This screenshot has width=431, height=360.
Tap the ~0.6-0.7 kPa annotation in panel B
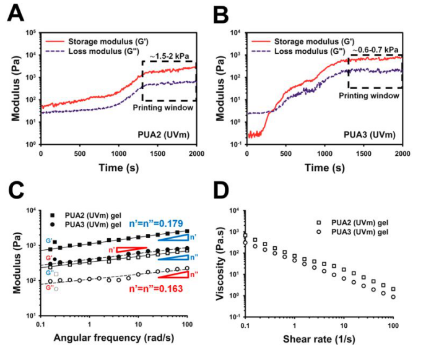[375, 49]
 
